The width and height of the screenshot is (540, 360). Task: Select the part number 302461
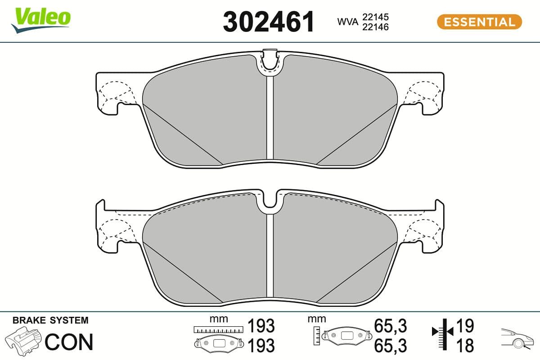coord(269,22)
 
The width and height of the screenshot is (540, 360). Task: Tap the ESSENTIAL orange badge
coord(479,22)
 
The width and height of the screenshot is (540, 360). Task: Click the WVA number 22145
coord(376,17)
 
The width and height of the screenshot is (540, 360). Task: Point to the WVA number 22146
coord(376,27)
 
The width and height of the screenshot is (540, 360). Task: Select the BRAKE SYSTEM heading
coord(50,320)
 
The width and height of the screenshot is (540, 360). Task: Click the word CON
coord(69,342)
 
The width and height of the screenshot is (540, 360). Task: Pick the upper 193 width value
coord(261,325)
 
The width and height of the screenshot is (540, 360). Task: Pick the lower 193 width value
coord(261,346)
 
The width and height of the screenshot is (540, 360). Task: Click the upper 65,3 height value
coord(390,325)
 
